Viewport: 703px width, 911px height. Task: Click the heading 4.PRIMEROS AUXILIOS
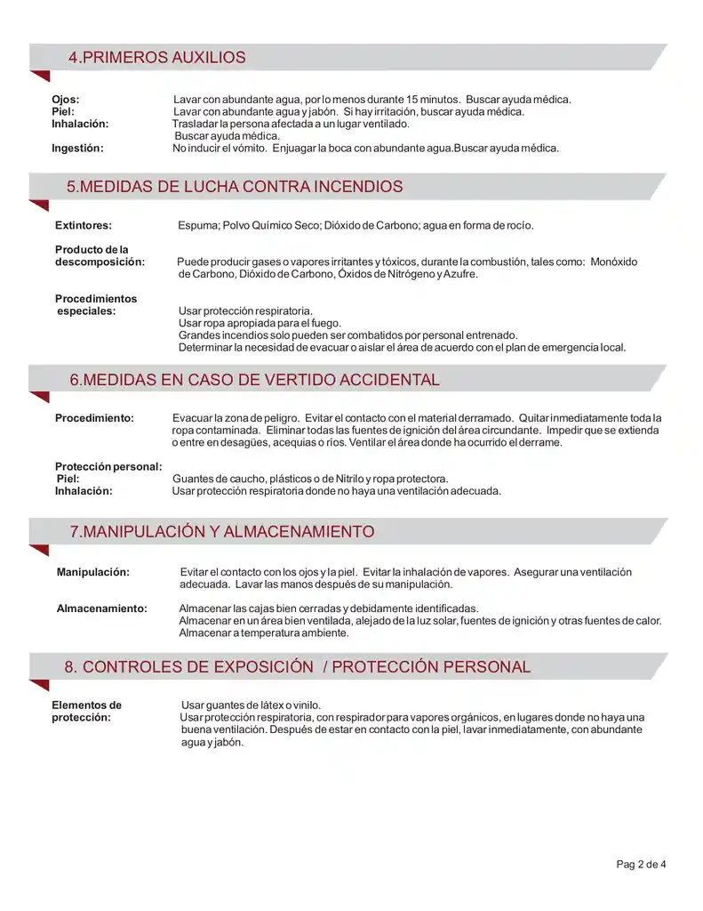click(156, 58)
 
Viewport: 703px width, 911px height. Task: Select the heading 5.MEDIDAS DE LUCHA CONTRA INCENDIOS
click(235, 187)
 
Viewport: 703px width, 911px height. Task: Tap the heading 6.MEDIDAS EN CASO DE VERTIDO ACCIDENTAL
click(254, 380)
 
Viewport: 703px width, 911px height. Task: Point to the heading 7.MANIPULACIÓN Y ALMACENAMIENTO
click(222, 532)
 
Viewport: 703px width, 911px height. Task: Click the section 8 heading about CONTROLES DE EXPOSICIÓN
click(297, 667)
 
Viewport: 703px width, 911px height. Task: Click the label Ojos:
click(66, 100)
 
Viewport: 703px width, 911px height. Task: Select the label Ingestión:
click(77, 149)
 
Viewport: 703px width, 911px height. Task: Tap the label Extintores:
click(84, 226)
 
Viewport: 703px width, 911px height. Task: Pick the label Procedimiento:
click(94, 418)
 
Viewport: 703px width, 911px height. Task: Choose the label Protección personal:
click(108, 467)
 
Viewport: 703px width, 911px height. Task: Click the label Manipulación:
click(93, 572)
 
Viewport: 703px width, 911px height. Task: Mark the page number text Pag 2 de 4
click(641, 864)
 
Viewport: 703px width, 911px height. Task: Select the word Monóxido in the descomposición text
click(614, 262)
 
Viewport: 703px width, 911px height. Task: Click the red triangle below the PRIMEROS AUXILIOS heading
click(39, 77)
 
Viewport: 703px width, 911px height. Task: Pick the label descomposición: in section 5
click(100, 262)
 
